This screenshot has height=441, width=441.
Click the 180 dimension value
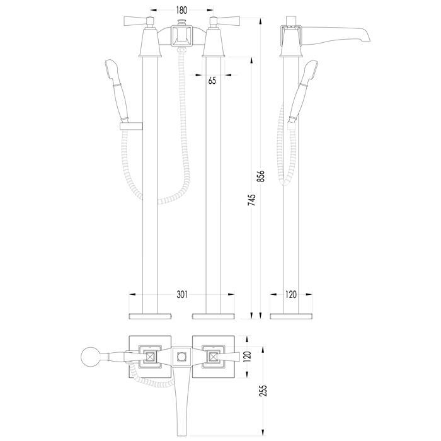pyautogui.click(x=181, y=11)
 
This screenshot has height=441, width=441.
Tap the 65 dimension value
pyautogui.click(x=212, y=81)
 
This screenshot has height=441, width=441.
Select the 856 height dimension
pyautogui.click(x=261, y=176)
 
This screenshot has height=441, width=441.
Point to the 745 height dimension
pyautogui.click(x=252, y=200)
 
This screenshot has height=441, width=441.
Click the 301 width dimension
pyautogui.click(x=182, y=294)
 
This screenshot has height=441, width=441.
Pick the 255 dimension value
pyautogui.click(x=263, y=391)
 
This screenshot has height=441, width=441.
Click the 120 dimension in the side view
pyautogui.click(x=291, y=294)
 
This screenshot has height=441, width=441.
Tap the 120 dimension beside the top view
pyautogui.click(x=247, y=357)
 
